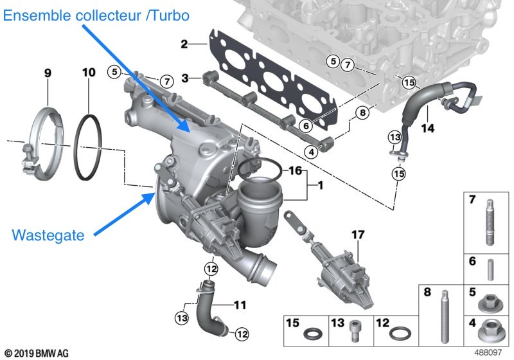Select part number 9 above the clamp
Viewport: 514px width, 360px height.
48,74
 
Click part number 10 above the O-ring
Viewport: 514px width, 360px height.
89,74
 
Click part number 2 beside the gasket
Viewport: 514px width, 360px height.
184,44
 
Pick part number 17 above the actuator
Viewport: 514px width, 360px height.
357,236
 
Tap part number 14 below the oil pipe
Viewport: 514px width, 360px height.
427,128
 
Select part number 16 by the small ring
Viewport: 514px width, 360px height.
294,171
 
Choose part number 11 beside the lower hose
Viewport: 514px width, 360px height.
240,303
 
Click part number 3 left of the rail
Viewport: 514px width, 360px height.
185,78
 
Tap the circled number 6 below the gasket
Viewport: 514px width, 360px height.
306,125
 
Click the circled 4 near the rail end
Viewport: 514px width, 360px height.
311,152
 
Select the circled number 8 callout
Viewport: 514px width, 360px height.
362,112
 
